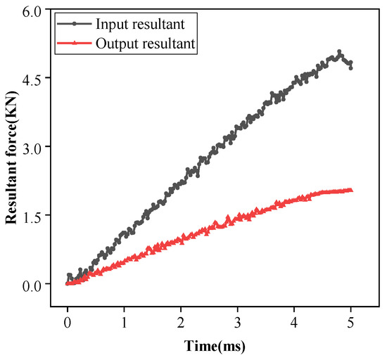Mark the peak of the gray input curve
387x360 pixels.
[340, 52]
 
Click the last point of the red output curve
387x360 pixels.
[350, 190]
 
